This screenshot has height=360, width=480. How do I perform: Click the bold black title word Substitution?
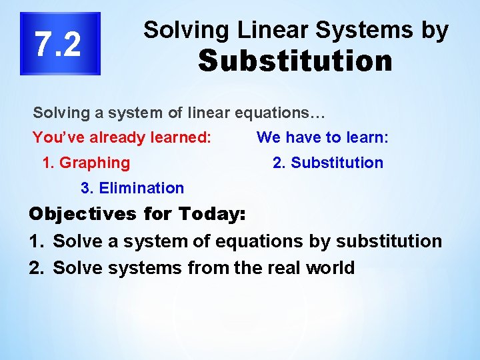(x=295, y=61)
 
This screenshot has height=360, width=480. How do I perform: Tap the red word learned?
(x=181, y=138)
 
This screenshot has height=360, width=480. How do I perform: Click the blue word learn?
(x=367, y=138)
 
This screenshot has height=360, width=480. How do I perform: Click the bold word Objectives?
(x=82, y=215)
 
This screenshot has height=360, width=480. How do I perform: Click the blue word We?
(x=268, y=138)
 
